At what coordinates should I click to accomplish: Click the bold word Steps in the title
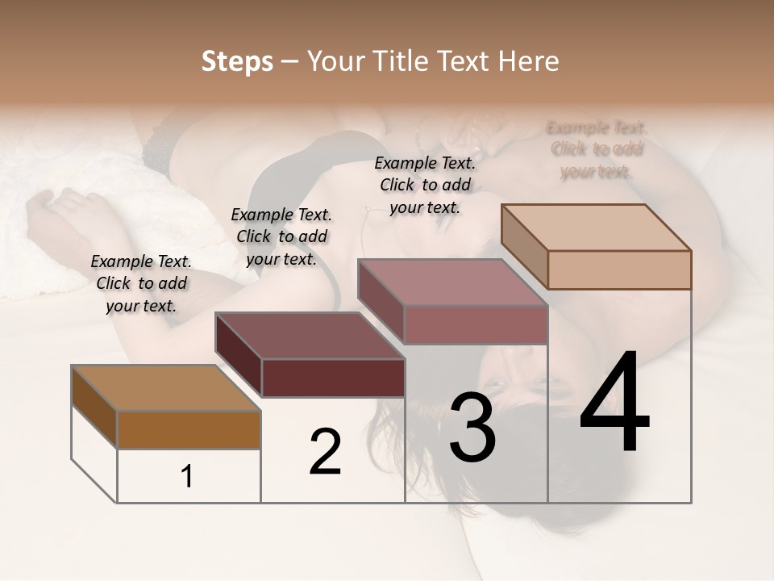237,61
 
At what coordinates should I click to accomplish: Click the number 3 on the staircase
472,427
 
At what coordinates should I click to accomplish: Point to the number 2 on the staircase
325,452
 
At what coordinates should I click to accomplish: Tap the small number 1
187,476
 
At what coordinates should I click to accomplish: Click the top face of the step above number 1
166,388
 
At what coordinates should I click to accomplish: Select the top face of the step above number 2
310,336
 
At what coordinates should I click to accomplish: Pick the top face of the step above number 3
453,282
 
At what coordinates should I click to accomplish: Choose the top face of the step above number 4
597,228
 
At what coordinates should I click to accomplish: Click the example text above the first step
141,283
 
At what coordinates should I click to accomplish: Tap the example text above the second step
281,236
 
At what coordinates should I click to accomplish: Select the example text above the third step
425,185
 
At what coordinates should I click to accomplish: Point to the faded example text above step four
597,149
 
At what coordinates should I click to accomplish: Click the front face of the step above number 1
189,429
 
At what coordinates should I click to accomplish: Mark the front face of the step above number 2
333,378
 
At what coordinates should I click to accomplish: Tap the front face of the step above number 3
476,324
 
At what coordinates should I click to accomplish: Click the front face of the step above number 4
619,270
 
